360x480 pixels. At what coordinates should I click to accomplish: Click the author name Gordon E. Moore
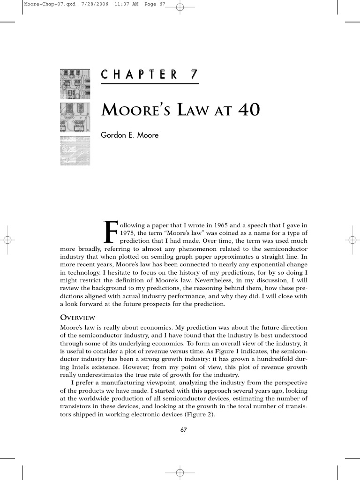pyautogui.click(x=130, y=135)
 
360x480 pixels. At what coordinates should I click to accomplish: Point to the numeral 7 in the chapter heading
pyautogui.click(x=193, y=74)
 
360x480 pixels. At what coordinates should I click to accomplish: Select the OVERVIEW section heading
pyautogui.click(x=77, y=317)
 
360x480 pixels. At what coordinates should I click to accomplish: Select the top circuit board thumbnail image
pyautogui.click(x=75, y=84)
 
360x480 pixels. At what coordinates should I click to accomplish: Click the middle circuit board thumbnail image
pyautogui.click(x=75, y=118)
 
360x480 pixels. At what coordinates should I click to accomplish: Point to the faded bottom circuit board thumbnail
pyautogui.click(x=75, y=150)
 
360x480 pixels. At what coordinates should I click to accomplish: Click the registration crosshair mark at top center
pyautogui.click(x=180, y=7)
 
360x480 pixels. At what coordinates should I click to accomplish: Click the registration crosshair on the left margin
pyautogui.click(x=7, y=240)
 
